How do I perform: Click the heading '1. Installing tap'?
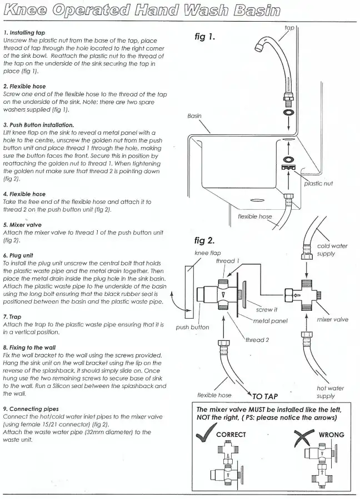pyautogui.click(x=24, y=32)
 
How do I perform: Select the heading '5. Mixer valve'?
pyautogui.click(x=22, y=225)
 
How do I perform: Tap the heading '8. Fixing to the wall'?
pyautogui.click(x=29, y=347)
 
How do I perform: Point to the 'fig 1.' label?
pyautogui.click(x=205, y=37)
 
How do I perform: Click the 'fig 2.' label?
pyautogui.click(x=204, y=240)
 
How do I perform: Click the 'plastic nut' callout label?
pyautogui.click(x=318, y=184)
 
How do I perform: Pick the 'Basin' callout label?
pyautogui.click(x=194, y=116)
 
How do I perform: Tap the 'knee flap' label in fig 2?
pyautogui.click(x=207, y=253)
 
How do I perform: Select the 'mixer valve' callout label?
pyautogui.click(x=333, y=320)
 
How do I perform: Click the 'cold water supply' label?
pyautogui.click(x=332, y=250)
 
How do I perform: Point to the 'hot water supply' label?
pyautogui.click(x=331, y=392)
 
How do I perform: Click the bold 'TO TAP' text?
pyautogui.click(x=265, y=396)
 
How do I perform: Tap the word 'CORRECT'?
pyautogui.click(x=231, y=435)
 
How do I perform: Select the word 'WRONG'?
pyautogui.click(x=331, y=435)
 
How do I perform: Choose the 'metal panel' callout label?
pyautogui.click(x=270, y=321)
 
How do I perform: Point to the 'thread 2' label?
pyautogui.click(x=257, y=340)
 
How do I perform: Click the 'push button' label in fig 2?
pyautogui.click(x=192, y=327)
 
